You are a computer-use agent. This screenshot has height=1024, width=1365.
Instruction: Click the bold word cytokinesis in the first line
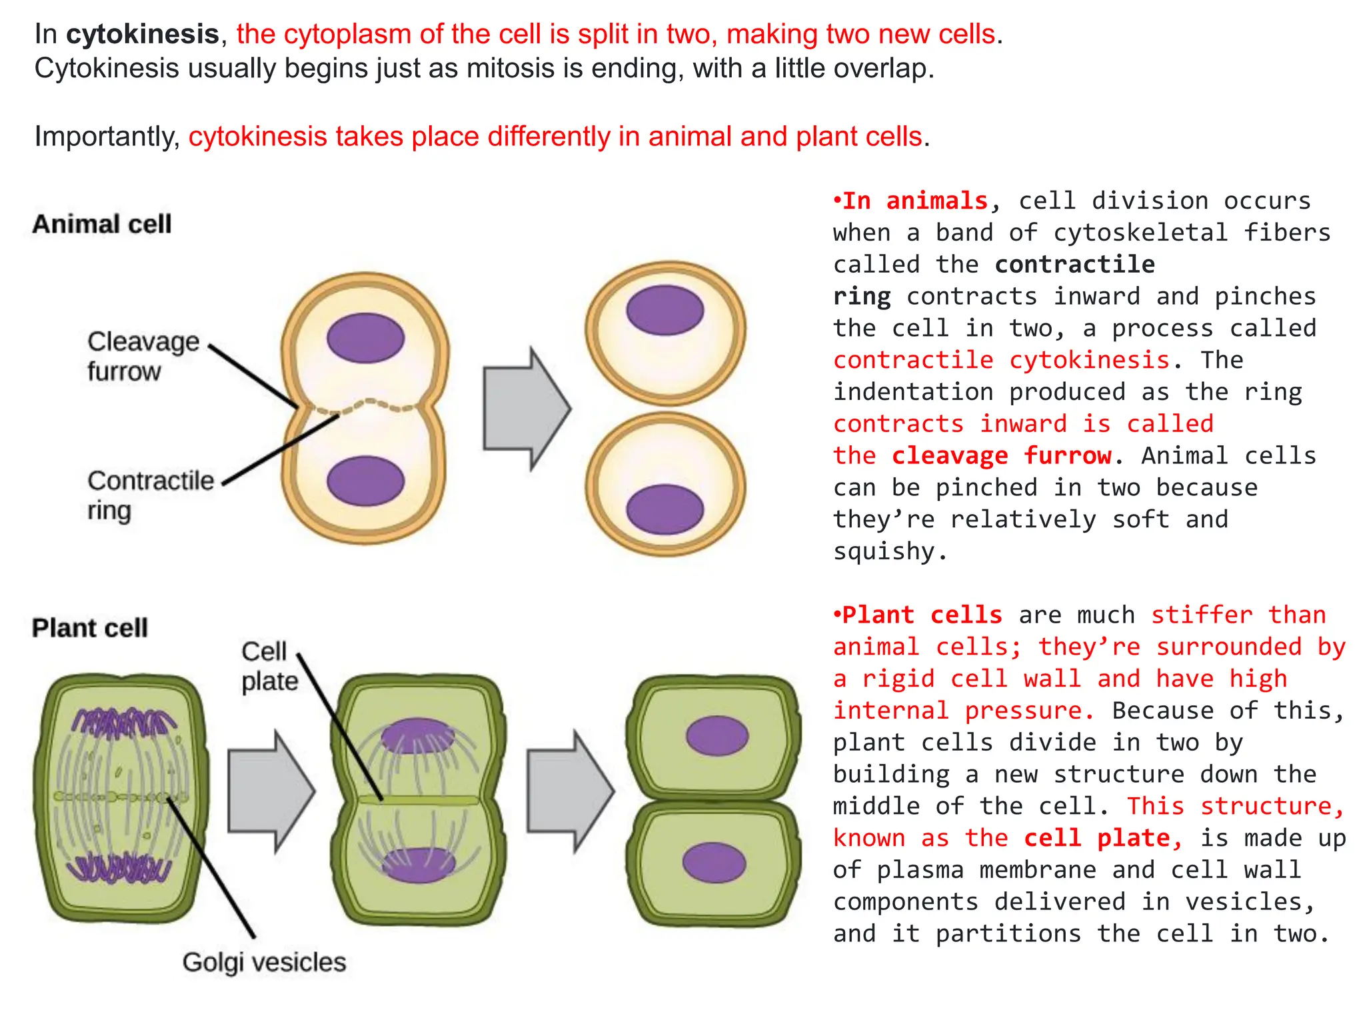tap(142, 34)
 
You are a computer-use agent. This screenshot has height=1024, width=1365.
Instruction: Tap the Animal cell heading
tap(102, 224)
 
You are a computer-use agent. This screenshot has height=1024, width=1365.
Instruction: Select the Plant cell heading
tap(90, 628)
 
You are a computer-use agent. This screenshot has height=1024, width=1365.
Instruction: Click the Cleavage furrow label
tap(143, 356)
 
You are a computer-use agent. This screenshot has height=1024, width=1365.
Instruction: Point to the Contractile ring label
tap(150, 495)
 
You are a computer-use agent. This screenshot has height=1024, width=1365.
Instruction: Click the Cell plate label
tap(269, 666)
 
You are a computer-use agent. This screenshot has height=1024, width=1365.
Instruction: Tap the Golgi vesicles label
tap(264, 962)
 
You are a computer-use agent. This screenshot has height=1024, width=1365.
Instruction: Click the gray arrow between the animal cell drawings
tap(525, 409)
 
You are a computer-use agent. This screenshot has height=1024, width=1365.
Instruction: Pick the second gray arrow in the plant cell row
tap(569, 791)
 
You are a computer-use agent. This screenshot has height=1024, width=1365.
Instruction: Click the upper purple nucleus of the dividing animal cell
tap(365, 338)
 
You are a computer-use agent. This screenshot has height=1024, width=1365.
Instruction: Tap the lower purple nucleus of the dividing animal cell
tap(365, 481)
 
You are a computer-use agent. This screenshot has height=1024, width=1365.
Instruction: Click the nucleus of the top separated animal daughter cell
tap(665, 310)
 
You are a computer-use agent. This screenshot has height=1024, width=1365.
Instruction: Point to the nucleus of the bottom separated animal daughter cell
tap(665, 509)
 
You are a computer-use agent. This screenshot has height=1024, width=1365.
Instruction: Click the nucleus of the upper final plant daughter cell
tap(717, 735)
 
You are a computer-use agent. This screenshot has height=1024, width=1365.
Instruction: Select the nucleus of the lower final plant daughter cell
tap(713, 862)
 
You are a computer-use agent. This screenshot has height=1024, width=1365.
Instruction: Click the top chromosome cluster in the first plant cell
tap(123, 723)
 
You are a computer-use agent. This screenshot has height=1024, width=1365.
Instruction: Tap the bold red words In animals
tap(914, 201)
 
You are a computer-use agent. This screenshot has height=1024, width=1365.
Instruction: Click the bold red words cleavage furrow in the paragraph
tap(1002, 455)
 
